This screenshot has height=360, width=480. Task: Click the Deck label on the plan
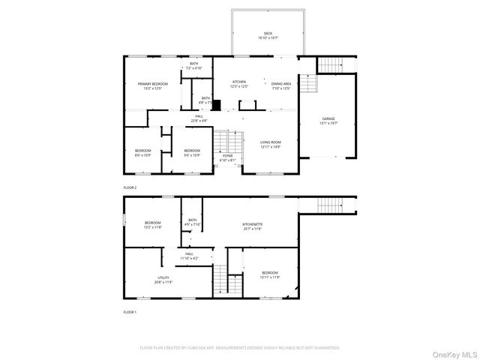(x=267, y=34)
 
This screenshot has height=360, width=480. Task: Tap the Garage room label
(x=328, y=118)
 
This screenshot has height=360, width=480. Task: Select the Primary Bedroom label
(x=152, y=84)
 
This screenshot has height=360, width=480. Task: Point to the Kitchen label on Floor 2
(x=239, y=82)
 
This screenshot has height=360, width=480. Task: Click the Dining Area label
(x=281, y=83)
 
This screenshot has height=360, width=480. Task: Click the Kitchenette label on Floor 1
(x=252, y=224)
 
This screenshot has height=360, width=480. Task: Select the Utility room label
(x=163, y=277)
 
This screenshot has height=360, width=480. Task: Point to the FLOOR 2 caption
(x=130, y=187)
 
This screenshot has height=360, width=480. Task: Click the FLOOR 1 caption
(x=130, y=310)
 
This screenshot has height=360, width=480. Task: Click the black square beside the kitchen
(x=217, y=105)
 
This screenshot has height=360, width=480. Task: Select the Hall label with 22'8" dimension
(x=199, y=116)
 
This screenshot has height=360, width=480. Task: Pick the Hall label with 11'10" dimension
(x=190, y=254)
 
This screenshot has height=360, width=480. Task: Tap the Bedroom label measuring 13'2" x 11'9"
(x=153, y=223)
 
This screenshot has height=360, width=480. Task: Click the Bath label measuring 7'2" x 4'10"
(x=193, y=64)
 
